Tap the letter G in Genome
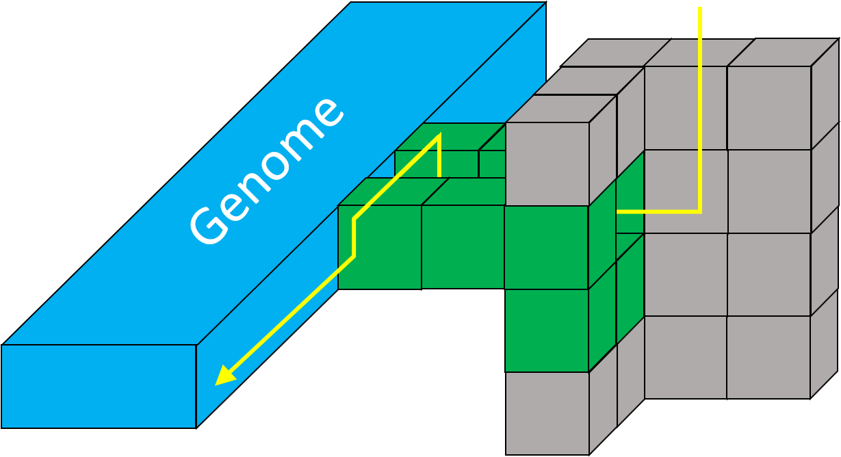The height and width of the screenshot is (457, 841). pyautogui.click(x=209, y=223)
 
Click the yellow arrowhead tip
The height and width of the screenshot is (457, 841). pyautogui.click(x=218, y=384)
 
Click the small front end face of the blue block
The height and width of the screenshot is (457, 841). pyautogui.click(x=99, y=386)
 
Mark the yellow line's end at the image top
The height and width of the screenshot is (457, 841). pyautogui.click(x=700, y=9)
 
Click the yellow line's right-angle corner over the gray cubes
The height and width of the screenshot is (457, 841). pyautogui.click(x=700, y=211)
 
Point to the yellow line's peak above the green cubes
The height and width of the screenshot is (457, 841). pyautogui.click(x=438, y=136)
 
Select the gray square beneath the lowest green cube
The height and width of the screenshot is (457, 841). pyautogui.click(x=547, y=413)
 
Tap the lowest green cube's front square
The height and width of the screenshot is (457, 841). pyautogui.click(x=547, y=330)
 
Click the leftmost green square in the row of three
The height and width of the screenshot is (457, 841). pyautogui.click(x=380, y=247)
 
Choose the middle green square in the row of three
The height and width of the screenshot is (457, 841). pyautogui.click(x=463, y=247)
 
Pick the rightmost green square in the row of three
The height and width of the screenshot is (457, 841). pyautogui.click(x=546, y=247)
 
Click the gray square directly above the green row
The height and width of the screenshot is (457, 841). pyautogui.click(x=547, y=164)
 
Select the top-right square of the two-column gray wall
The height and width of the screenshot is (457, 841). pyautogui.click(x=768, y=107)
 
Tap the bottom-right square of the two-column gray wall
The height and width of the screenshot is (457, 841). pyautogui.click(x=768, y=356)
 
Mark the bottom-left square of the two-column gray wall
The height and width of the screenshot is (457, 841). pyautogui.click(x=686, y=356)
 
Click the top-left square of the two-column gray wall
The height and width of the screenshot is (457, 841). pyautogui.click(x=686, y=107)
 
